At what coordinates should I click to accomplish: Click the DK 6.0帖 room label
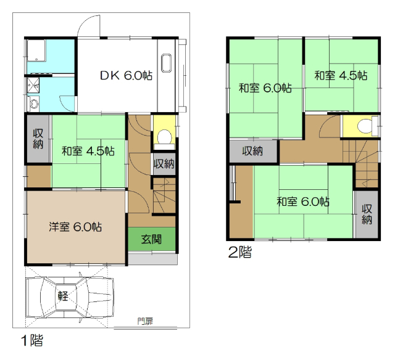(x=127, y=76)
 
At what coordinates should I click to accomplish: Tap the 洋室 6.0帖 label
(x=75, y=227)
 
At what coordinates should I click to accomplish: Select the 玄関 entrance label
(x=151, y=239)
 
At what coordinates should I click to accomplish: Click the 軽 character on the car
(x=64, y=296)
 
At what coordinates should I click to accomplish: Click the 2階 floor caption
(x=240, y=252)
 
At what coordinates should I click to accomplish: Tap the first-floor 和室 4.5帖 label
(x=87, y=150)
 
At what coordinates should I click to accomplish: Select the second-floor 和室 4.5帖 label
(x=341, y=76)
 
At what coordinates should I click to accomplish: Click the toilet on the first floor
(x=164, y=136)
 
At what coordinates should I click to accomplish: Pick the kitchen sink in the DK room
(x=166, y=64)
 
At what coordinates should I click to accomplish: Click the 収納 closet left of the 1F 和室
(x=37, y=141)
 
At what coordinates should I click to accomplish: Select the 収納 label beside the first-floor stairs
(x=164, y=164)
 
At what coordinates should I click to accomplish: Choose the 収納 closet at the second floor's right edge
(x=367, y=213)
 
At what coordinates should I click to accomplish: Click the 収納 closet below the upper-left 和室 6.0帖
(x=252, y=151)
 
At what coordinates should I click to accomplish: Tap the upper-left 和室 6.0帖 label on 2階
(x=265, y=88)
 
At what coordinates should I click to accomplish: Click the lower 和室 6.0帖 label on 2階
(x=302, y=202)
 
